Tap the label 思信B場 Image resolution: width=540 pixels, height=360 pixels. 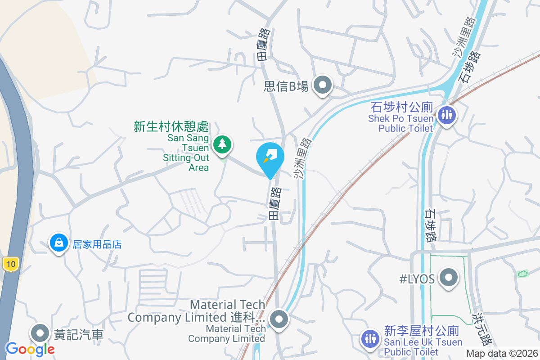pos(286,86)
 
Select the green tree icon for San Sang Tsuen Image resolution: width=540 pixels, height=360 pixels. pos(222,144)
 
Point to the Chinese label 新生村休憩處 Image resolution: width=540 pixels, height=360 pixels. pos(171,126)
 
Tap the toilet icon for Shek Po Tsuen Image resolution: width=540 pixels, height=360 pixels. pos(447,115)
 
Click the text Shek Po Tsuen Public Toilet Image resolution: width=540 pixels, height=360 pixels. pos(400,123)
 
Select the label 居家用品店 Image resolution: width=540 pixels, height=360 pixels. pos(97,244)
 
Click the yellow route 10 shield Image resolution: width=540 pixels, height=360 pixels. pos(10,264)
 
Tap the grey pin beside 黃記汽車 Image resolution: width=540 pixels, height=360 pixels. pos(40,333)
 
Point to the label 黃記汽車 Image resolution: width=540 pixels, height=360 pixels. pos(79,334)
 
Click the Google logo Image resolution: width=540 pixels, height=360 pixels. pos(30,349)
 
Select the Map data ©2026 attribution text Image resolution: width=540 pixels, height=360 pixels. pos(502,354)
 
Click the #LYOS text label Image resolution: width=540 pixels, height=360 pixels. pos(417,279)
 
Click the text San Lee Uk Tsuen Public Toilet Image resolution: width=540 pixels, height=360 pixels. pos(423,347)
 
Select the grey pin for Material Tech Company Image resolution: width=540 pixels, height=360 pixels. pos(279,319)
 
